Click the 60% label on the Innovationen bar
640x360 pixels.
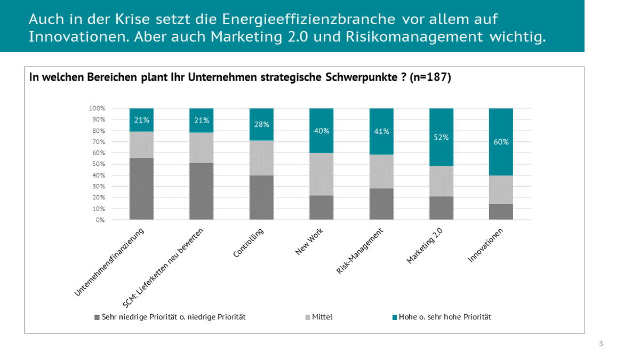(501, 142)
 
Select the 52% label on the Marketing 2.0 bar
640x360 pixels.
(441, 137)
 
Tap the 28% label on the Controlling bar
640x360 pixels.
(261, 124)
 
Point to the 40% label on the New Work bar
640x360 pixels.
(321, 131)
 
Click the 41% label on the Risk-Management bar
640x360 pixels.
(381, 131)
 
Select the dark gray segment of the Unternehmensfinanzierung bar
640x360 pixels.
(141, 189)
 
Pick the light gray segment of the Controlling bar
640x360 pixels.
(261, 158)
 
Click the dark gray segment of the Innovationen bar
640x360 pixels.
(501, 212)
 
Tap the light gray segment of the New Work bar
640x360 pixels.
(321, 174)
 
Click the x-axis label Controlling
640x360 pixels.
(249, 243)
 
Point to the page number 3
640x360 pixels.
(601, 343)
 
